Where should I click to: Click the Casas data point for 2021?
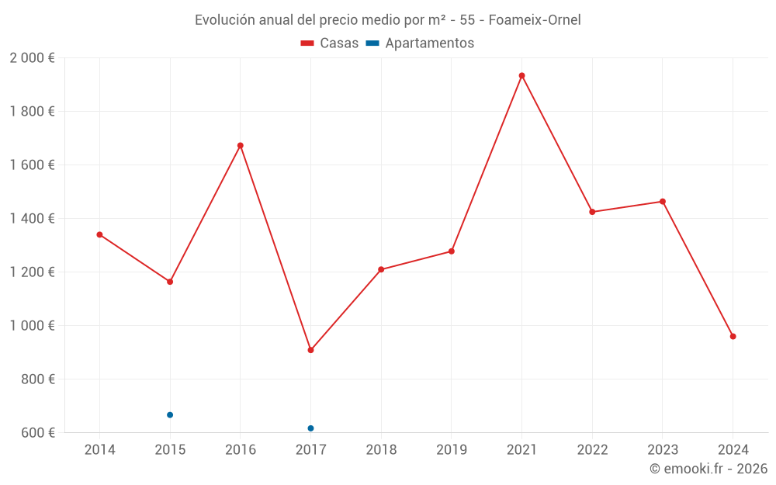coord(521,75)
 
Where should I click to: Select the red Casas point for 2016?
coord(241,145)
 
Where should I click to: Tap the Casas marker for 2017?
coord(310,350)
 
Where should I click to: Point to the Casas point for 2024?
coord(733,336)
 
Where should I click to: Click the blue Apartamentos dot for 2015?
coord(170,415)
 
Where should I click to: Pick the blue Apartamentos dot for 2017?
coord(310,428)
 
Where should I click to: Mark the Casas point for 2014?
coord(99,234)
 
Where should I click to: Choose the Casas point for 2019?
coord(452,251)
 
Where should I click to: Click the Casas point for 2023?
coord(663,202)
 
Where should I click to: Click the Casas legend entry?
coord(330,43)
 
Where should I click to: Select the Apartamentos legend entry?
coord(420,43)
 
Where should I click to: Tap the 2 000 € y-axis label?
coord(32,58)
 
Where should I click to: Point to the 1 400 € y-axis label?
coord(32,219)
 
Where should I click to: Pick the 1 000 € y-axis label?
coord(32,326)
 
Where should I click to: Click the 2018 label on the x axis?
coord(381,450)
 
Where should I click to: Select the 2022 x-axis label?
coord(592,450)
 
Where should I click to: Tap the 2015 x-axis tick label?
coord(170,450)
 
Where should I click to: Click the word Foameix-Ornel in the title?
coord(535,19)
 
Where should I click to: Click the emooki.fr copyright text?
coord(708,469)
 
